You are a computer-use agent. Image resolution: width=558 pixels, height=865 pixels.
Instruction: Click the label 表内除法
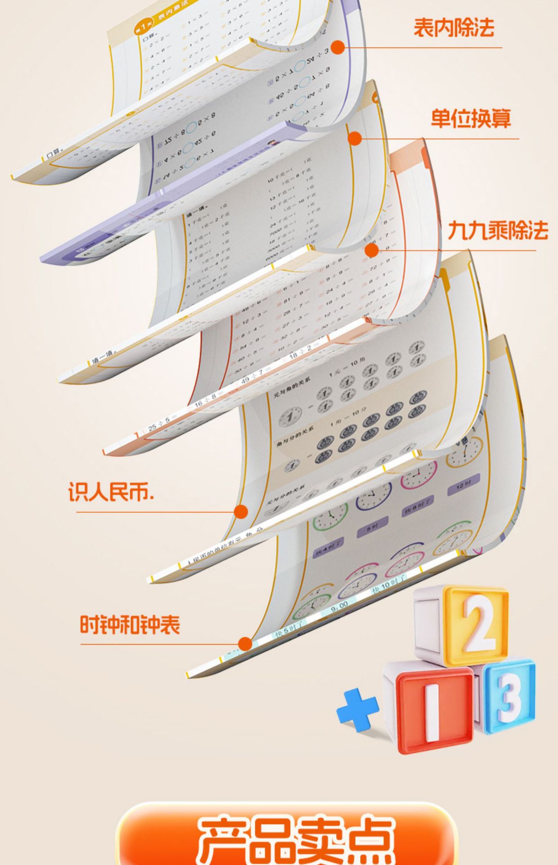pos(454,27)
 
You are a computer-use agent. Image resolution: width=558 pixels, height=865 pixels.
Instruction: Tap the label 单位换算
pos(471,119)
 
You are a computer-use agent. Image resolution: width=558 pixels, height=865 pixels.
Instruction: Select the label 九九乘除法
pos(498,230)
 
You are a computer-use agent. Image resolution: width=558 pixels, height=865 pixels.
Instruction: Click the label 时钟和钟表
pos(130,625)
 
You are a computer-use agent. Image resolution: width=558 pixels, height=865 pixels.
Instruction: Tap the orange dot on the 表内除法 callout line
pos(337,47)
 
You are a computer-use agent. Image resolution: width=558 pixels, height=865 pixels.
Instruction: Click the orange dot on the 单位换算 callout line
pos(355,139)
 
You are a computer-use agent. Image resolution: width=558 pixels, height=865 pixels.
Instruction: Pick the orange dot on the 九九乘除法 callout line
pos(372,250)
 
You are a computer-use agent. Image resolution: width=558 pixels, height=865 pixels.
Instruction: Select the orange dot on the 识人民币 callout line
pos(241,512)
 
